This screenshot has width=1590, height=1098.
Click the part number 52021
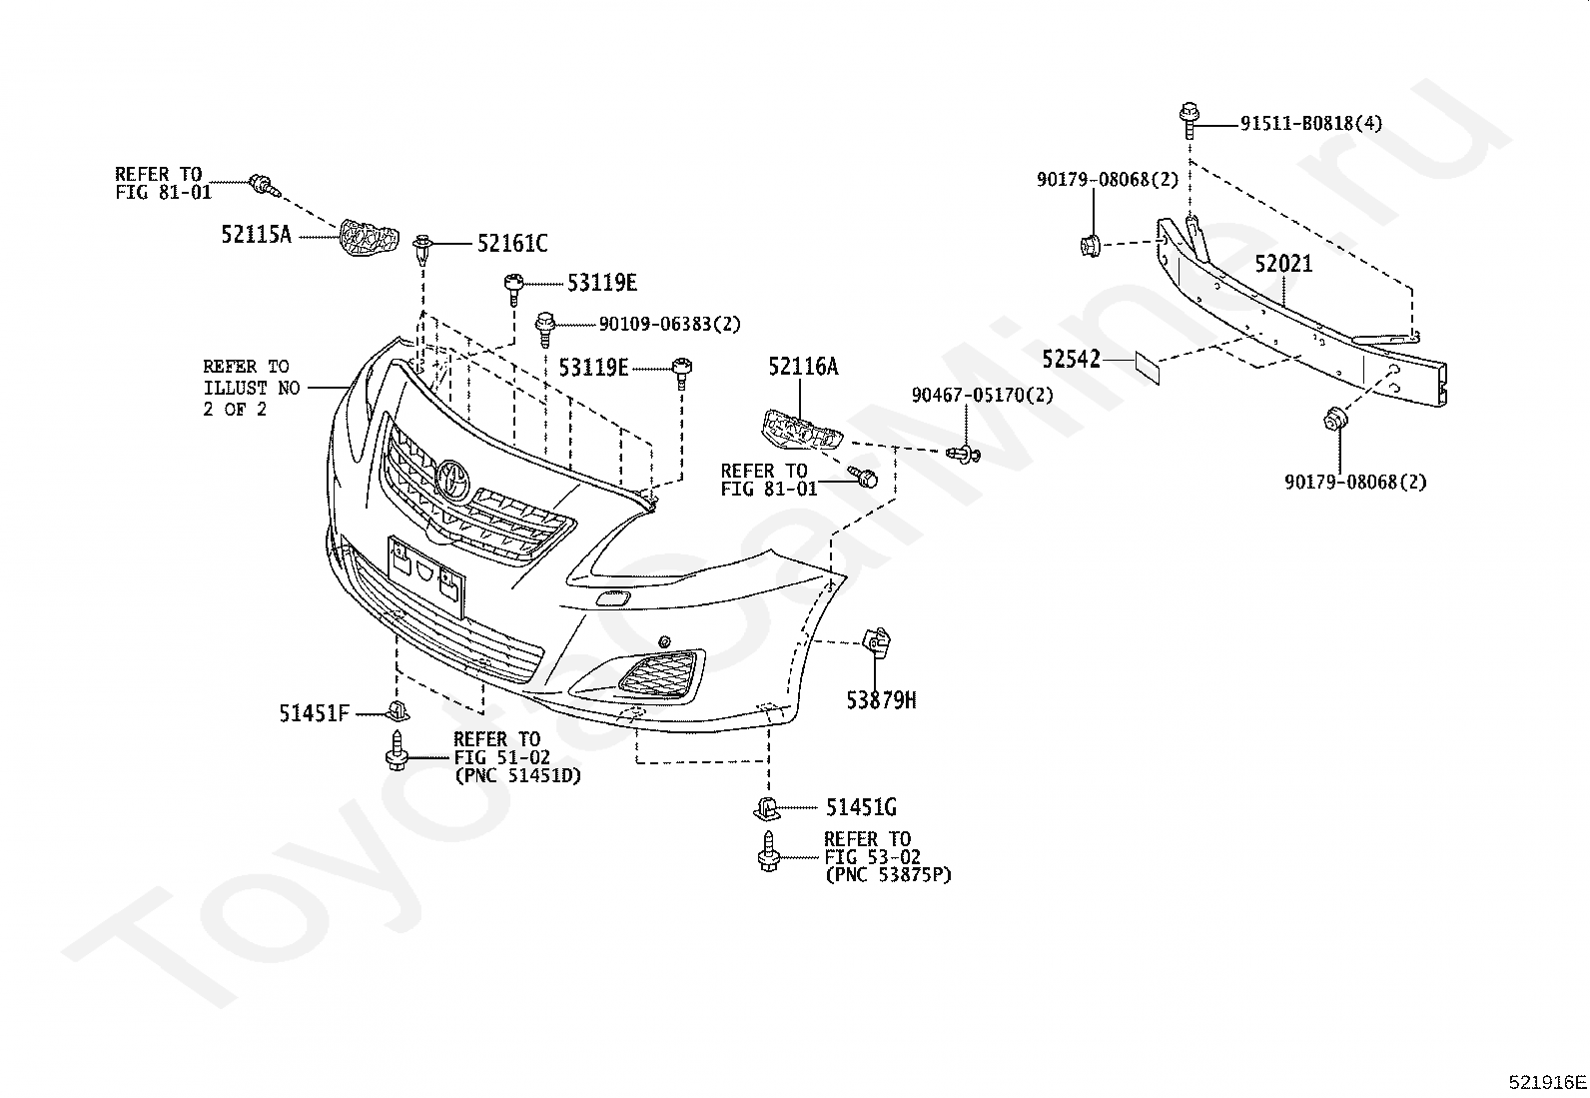point(1283,264)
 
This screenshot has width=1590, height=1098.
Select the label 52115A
point(257,235)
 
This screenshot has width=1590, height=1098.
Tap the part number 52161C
point(512,244)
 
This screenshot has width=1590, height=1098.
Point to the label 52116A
point(803,367)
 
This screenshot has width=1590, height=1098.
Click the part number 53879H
point(881,701)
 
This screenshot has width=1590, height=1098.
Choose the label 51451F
point(314,713)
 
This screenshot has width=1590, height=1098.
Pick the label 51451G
point(861,807)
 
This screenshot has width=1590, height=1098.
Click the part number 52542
point(1071,360)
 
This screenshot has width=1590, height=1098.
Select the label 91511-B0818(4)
point(1311,124)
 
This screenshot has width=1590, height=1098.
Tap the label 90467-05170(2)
point(983,395)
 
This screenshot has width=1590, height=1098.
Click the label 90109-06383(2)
point(669,325)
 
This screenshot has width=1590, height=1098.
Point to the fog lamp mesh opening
point(658,672)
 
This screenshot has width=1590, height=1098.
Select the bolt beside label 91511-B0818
point(1189,120)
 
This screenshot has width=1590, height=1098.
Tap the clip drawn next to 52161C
point(423,249)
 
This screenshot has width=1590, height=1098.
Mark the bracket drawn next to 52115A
point(369,237)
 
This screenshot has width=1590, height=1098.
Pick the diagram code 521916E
point(1547,1082)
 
